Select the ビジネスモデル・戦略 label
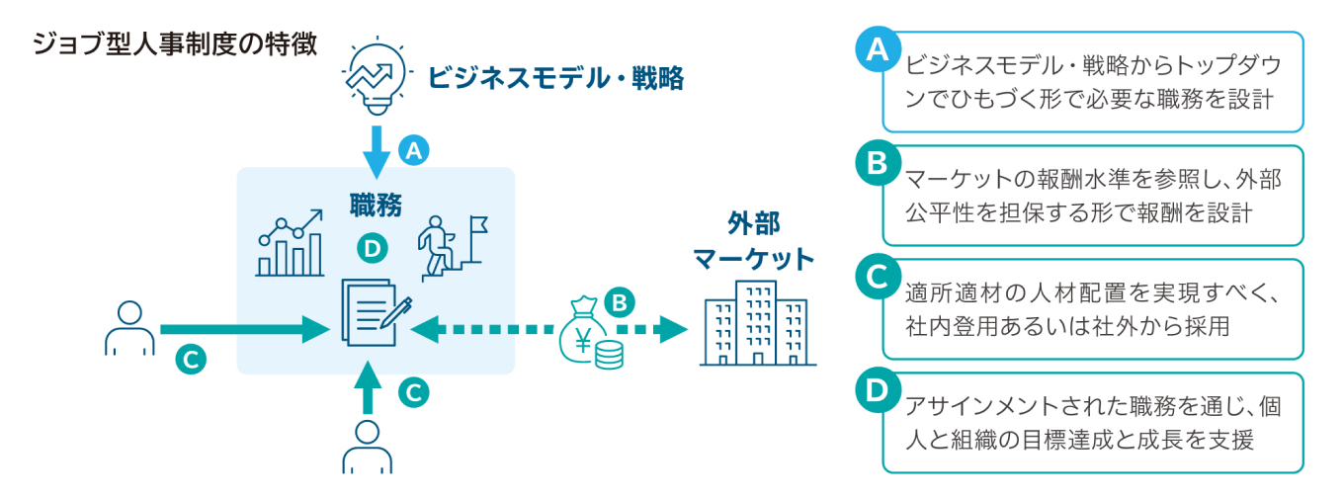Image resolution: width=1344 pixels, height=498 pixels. click(555, 78)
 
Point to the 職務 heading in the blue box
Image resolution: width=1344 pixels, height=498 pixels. click(376, 205)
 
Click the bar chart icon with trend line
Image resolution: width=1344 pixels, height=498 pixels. click(291, 242)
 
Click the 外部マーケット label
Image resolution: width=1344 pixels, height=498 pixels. click(753, 242)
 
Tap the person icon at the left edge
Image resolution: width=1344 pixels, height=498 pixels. click(129, 327)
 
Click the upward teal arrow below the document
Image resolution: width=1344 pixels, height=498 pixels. click(368, 386)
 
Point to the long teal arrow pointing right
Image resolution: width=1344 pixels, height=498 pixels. click(243, 329)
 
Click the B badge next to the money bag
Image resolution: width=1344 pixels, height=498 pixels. click(620, 301)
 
